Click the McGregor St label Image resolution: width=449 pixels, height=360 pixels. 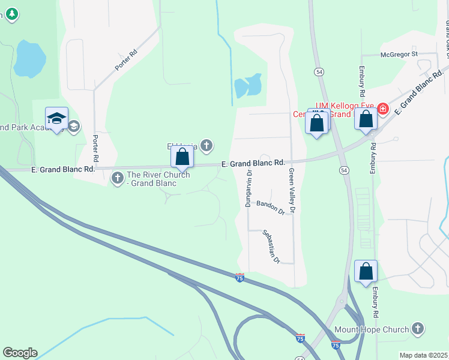tap(399, 54)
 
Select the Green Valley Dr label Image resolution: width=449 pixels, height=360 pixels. tap(291, 191)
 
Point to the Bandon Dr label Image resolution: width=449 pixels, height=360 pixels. tap(270, 207)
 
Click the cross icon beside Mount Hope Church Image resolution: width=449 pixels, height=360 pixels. tap(418, 329)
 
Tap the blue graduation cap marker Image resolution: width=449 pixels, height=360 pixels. tap(56, 118)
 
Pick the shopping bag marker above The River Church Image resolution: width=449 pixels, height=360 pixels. tap(182, 157)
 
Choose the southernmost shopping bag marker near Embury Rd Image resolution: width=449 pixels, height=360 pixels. tap(366, 272)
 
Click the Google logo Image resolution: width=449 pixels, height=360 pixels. tap(20, 353)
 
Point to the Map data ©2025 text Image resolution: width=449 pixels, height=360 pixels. tap(423, 355)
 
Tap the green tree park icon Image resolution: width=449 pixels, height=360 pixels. tap(11, 13)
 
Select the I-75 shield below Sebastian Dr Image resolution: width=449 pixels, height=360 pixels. tap(240, 277)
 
